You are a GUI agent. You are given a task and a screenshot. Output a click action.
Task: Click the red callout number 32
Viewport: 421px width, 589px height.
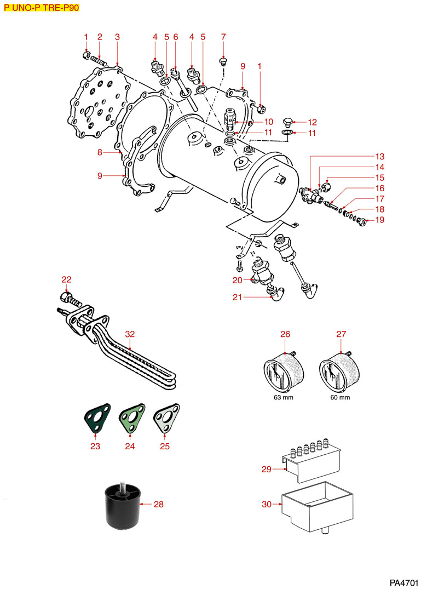coord(129,334)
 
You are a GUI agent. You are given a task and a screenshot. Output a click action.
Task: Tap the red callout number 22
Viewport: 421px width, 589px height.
coord(66,280)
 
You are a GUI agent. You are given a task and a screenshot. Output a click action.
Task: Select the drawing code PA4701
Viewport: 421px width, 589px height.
coord(404,580)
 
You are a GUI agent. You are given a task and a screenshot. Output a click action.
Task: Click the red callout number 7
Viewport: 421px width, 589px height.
coord(223,37)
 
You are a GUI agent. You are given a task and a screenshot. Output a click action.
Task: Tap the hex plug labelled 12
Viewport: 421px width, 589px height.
coord(287,122)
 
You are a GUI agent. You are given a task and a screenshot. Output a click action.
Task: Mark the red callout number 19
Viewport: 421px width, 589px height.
coord(379,220)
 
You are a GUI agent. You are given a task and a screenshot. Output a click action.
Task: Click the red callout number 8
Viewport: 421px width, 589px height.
coord(100,153)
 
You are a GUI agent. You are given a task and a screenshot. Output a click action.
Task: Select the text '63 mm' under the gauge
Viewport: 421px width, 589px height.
coord(284,398)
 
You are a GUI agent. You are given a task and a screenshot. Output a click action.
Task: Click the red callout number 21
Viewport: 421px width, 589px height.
coord(237,298)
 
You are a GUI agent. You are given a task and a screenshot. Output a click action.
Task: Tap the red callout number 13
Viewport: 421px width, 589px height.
coord(379,156)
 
